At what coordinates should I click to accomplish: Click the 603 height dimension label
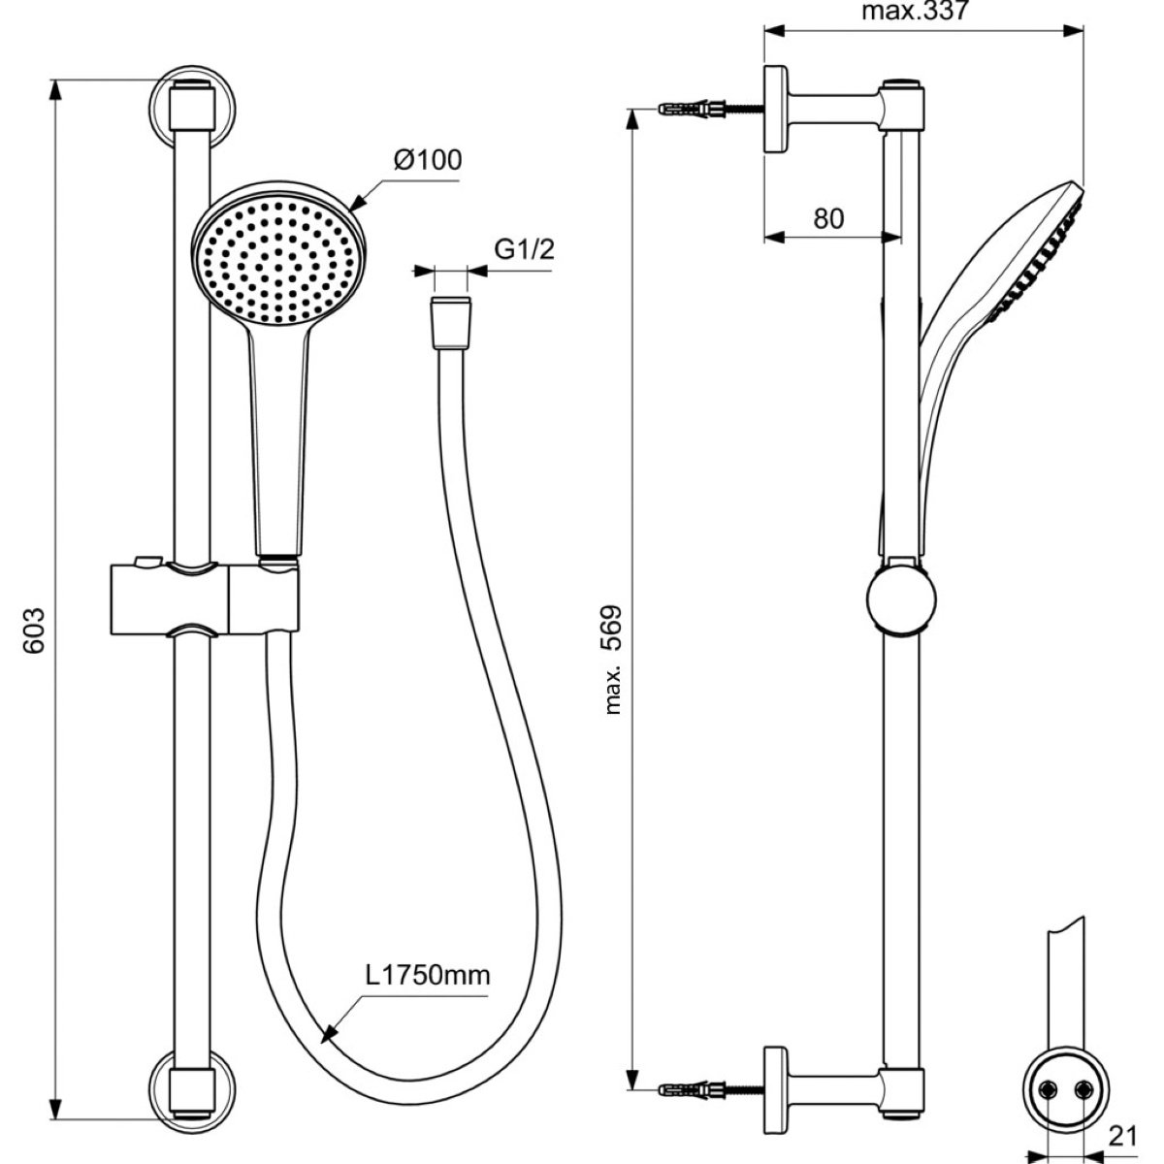[34, 631]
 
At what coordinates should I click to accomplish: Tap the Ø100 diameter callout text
[428, 159]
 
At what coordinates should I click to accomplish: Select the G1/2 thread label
[524, 249]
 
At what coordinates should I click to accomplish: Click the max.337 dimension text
[914, 11]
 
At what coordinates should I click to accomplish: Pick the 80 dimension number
[828, 218]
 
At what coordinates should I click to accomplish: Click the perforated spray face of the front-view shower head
[278, 261]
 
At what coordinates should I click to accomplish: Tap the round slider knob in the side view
[901, 599]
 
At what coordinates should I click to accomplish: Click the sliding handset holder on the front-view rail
[204, 599]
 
